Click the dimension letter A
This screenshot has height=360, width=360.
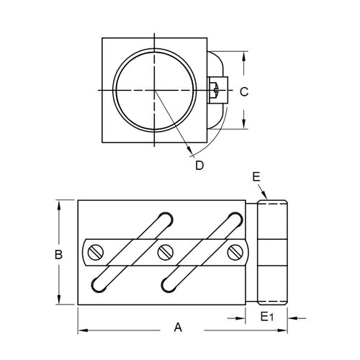pyautogui.click(x=178, y=327)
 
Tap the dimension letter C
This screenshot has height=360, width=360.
pyautogui.click(x=243, y=91)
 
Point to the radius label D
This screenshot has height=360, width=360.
pyautogui.click(x=199, y=166)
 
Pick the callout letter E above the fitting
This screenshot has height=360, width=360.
pyautogui.click(x=256, y=176)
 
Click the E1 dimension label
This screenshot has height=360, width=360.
pyautogui.click(x=265, y=317)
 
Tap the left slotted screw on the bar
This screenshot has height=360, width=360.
pyautogui.click(x=96, y=252)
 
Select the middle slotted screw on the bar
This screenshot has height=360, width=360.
pyautogui.click(x=165, y=252)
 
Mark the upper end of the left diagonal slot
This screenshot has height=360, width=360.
pyautogui.click(x=165, y=217)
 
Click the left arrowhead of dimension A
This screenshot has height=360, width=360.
pyautogui.click(x=80, y=330)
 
